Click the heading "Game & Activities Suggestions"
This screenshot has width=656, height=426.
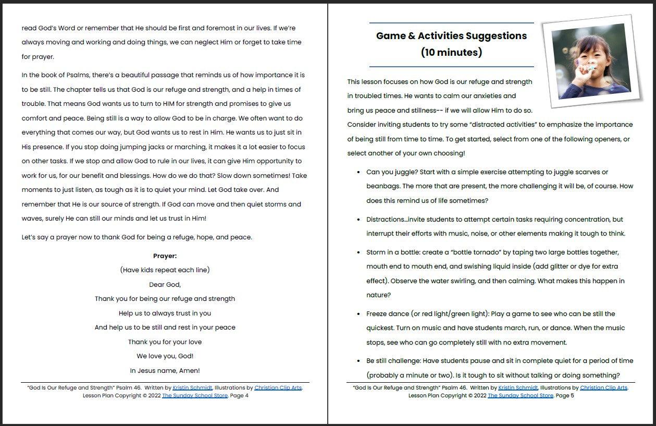click(451, 36)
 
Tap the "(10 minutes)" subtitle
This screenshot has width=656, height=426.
click(451, 52)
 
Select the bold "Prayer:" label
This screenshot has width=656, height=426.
click(165, 255)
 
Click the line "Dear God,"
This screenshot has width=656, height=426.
click(165, 285)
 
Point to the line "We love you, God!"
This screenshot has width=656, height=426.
click(165, 356)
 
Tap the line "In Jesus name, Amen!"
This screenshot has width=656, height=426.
click(165, 371)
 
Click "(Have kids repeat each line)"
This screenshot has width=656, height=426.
click(165, 270)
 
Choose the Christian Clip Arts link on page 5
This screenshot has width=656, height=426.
click(603, 388)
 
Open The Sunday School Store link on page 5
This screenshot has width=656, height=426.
click(520, 396)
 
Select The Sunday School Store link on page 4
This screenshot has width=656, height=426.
click(194, 396)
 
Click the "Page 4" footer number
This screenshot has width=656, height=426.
click(239, 396)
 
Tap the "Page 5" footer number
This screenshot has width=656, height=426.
click(565, 396)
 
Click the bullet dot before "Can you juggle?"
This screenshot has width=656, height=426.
click(358, 172)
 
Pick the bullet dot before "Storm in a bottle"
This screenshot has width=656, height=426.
click(358, 252)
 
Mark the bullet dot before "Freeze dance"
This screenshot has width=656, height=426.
click(358, 314)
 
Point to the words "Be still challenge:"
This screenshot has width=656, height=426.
click(393, 361)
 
